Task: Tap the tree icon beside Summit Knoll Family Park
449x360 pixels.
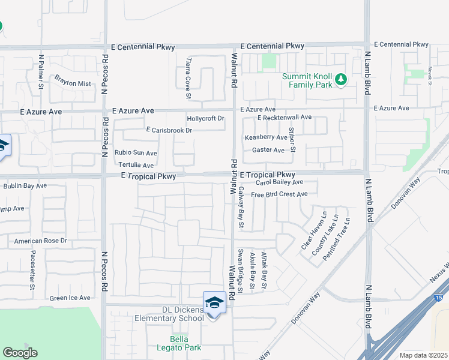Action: coord(341,79)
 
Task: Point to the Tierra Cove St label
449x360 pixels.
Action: coord(188,79)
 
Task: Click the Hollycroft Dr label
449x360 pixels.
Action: coord(205,118)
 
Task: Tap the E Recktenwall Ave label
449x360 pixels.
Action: coord(285,118)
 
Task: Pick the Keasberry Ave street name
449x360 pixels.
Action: coord(265,137)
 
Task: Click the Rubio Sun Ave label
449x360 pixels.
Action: coord(136,153)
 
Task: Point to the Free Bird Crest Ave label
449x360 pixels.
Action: coord(279,194)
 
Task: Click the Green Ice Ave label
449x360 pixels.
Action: coord(70,298)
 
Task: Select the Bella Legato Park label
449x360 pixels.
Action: coord(179,343)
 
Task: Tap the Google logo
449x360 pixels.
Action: coord(20,353)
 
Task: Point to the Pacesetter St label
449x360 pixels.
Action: coord(31,271)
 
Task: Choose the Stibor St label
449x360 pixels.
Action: coord(291,140)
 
